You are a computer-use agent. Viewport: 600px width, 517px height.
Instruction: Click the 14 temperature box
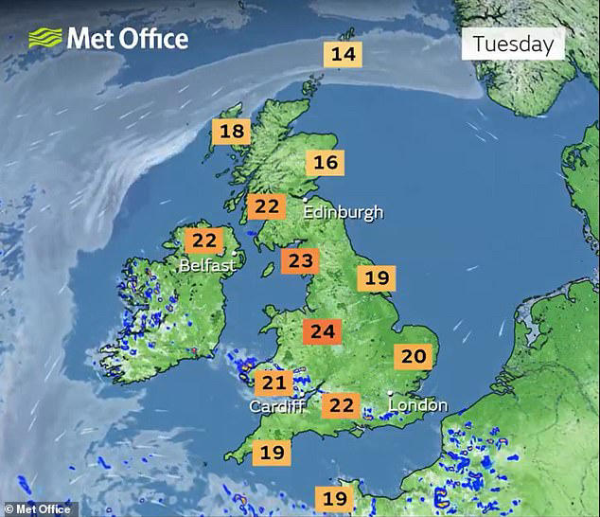(x=343, y=54)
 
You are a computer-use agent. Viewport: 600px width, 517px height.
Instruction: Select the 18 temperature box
(x=232, y=132)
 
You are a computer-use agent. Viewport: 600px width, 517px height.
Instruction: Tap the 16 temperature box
(x=326, y=163)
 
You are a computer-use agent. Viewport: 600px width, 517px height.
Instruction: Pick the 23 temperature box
(x=300, y=260)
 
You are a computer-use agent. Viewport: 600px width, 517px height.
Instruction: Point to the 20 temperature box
(x=414, y=356)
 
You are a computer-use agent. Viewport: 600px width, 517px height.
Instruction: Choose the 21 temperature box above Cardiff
(x=274, y=383)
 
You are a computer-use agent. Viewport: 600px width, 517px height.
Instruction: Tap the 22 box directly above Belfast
(x=203, y=241)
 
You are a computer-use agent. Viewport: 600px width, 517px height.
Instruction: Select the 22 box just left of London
(x=342, y=406)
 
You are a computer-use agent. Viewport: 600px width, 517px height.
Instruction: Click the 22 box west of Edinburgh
(x=267, y=206)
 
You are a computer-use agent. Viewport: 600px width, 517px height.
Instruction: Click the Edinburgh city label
(x=344, y=212)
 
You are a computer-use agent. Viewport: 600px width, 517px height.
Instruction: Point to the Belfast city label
(x=207, y=266)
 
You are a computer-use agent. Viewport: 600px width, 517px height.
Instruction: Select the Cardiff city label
(x=276, y=406)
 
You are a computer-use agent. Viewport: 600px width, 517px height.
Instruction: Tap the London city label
(x=418, y=405)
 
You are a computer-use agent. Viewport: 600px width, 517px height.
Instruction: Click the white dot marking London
(x=391, y=393)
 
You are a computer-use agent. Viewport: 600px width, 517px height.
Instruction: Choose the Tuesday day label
(x=512, y=44)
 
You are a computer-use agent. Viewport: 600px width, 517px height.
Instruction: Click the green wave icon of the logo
(x=44, y=38)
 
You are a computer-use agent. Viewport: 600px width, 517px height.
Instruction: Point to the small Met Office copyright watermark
(x=37, y=509)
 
